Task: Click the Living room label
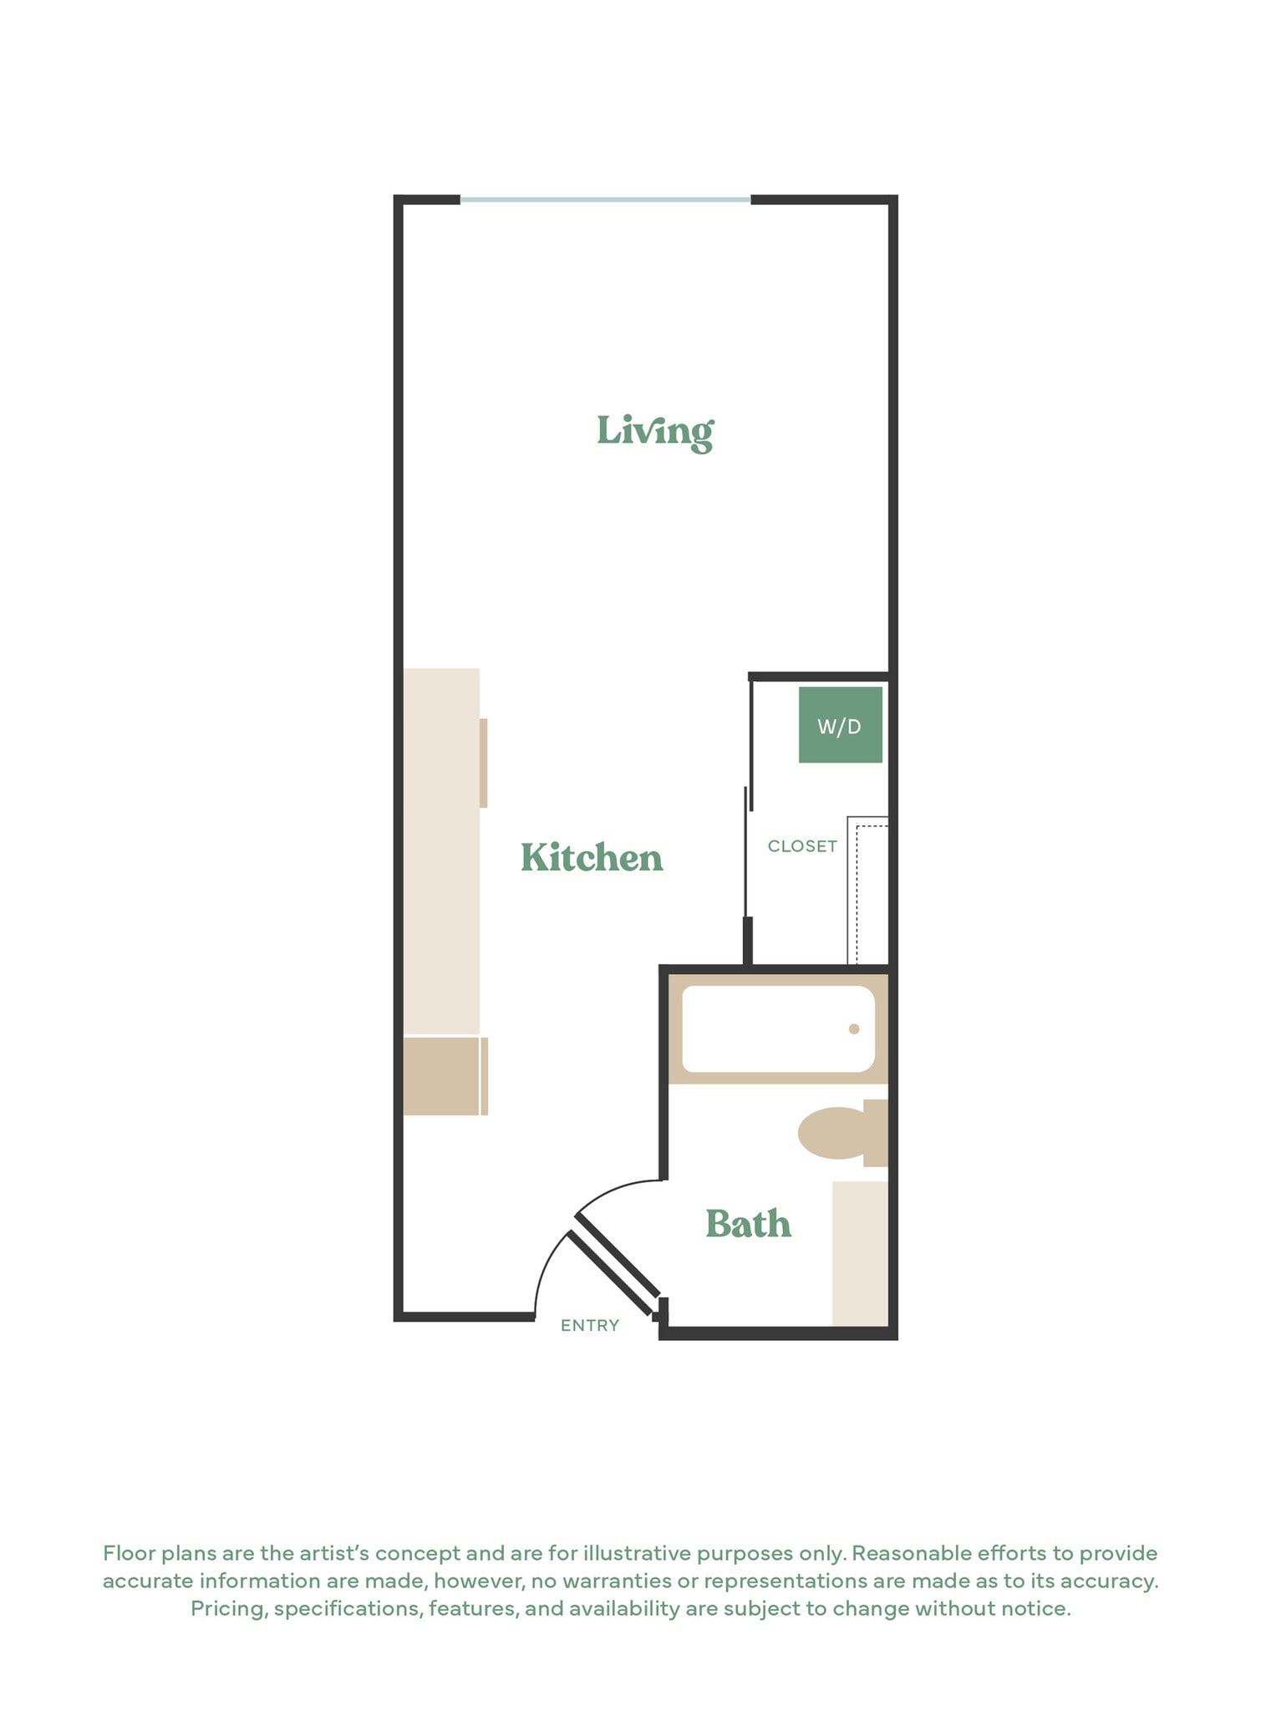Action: coord(655,431)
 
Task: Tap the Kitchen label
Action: coord(592,858)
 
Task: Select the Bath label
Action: coord(748,1224)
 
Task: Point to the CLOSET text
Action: coord(802,846)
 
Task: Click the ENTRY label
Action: coord(590,1326)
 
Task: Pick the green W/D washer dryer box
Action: coord(840,725)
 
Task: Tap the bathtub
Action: coord(778,1029)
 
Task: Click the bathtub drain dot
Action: coord(854,1029)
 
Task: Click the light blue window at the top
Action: coord(605,201)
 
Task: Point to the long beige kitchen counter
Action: coord(441,850)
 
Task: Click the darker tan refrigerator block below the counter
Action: coord(441,1076)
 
